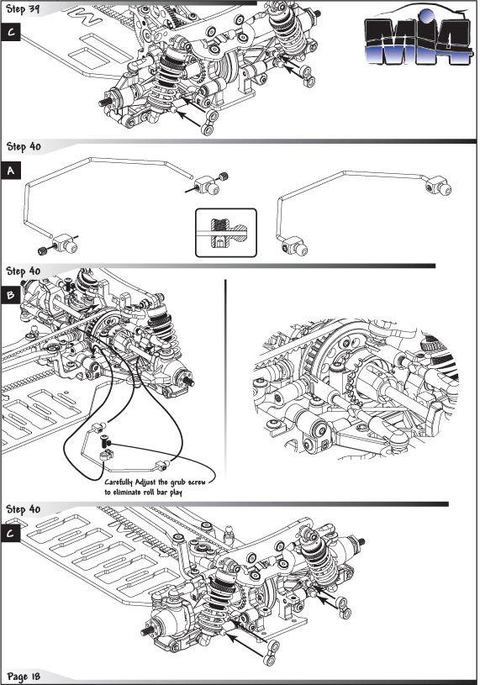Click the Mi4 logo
418,37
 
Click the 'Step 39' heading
23,8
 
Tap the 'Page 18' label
24,677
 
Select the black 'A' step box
10,171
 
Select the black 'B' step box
10,295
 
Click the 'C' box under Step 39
10,32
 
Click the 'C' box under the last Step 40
10,534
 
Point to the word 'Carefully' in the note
118,482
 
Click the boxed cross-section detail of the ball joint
226,233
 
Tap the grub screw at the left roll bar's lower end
42,250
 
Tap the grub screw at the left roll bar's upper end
224,177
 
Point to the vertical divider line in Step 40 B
225,379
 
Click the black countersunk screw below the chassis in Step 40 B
104,440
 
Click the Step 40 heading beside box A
24,147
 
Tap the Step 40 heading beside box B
24,271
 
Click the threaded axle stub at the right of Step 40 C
361,542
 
